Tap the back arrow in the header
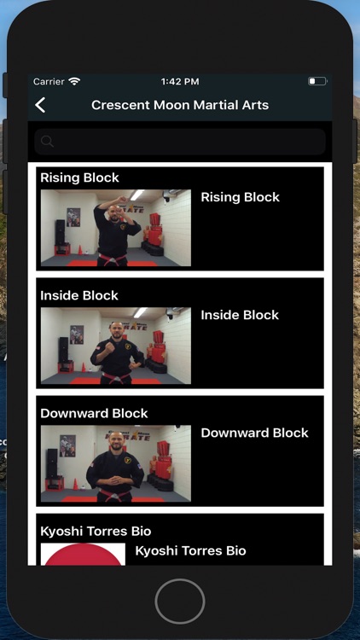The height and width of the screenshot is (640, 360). tap(40, 105)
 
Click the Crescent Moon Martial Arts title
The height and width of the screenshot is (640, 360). tap(180, 105)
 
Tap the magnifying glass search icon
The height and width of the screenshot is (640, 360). tap(48, 142)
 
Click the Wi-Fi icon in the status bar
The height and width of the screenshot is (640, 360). tap(74, 81)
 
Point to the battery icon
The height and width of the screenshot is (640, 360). tap(317, 81)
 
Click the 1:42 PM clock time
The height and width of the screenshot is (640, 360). tap(180, 82)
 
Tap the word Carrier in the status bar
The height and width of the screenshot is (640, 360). tap(49, 82)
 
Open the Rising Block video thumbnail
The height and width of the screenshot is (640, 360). tap(116, 228)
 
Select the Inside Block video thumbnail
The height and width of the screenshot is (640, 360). tap(116, 346)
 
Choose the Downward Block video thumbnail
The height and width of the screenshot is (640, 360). tap(116, 463)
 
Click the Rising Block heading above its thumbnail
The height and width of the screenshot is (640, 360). tap(79, 177)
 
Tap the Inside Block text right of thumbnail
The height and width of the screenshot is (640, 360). tap(240, 315)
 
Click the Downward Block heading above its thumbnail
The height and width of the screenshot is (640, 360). tap(94, 413)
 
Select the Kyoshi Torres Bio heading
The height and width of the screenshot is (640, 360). tap(96, 531)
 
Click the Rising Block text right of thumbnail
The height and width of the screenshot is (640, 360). tap(241, 197)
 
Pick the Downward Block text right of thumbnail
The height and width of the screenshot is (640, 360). tap(255, 433)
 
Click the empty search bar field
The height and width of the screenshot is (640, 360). tap(180, 142)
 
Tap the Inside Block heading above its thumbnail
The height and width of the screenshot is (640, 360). tap(79, 295)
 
